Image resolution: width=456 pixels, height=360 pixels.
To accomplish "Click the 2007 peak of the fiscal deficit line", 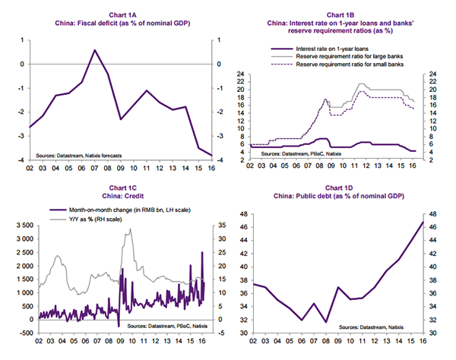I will click(x=94, y=50).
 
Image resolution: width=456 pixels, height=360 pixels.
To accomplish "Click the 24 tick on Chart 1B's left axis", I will click(x=240, y=74).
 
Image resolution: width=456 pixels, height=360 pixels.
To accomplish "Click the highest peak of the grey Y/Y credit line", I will click(x=130, y=229).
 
